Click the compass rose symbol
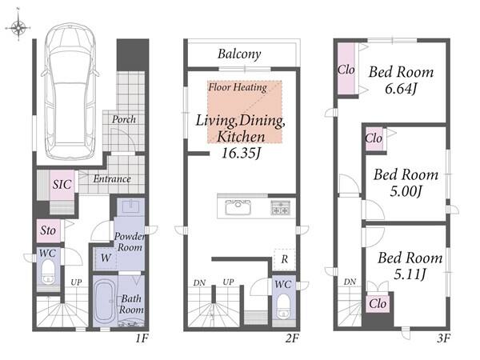coord(18,27)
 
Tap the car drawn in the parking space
coord(70,91)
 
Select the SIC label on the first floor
coord(62,184)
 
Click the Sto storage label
coord(48,230)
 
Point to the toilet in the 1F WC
coord(48,271)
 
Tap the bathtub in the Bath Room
coord(104,302)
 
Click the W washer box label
coord(106,258)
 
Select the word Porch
coord(124,119)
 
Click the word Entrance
coord(112,178)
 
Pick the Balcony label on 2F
coord(239,54)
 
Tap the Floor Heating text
coord(238,87)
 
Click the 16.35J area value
coord(241,153)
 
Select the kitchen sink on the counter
coord(238,207)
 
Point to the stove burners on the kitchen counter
coord(281,207)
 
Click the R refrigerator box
coord(284,259)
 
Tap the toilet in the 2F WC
coord(283,306)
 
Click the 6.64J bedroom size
coord(401,89)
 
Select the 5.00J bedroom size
coord(406,192)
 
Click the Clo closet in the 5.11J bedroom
coord(378,304)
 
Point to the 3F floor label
coord(443,338)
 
